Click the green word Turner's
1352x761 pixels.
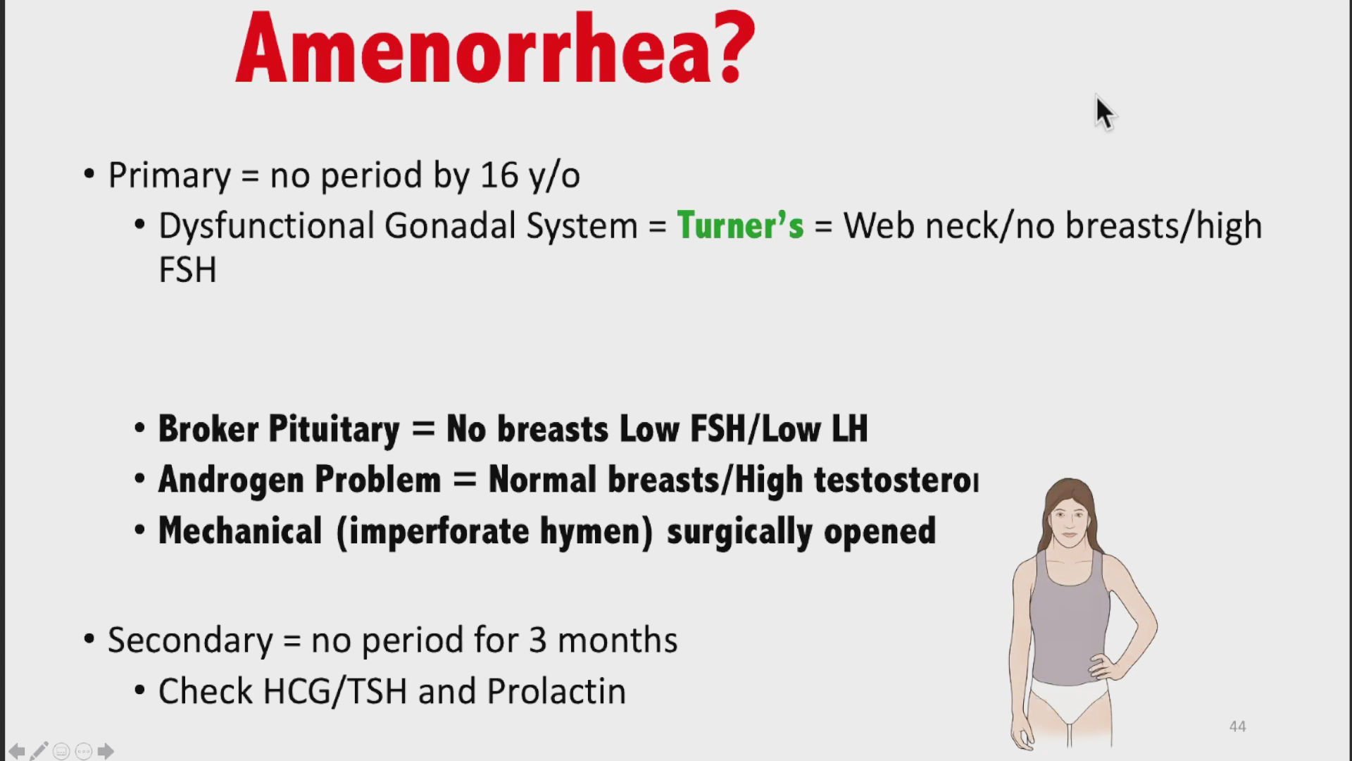pyautogui.click(x=740, y=225)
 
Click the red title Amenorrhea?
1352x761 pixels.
pyautogui.click(x=495, y=48)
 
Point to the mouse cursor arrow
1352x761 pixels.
pyautogui.click(x=1105, y=113)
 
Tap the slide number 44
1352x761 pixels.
pyautogui.click(x=1237, y=726)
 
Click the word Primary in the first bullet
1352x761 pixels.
pyautogui.click(x=169, y=175)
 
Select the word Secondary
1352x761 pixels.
pyautogui.click(x=190, y=640)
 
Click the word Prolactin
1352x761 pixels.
pyautogui.click(x=556, y=691)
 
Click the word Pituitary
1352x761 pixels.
pyautogui.click(x=334, y=429)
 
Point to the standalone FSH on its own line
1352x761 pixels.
pyautogui.click(x=187, y=270)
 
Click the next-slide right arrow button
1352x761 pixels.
pyautogui.click(x=106, y=751)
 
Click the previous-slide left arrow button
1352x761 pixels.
pyautogui.click(x=17, y=751)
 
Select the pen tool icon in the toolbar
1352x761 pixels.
pyautogui.click(x=39, y=751)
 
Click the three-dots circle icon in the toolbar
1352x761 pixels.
pyautogui.click(x=83, y=751)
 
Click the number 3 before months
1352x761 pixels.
pyautogui.click(x=538, y=640)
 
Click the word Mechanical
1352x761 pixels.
pyautogui.click(x=240, y=531)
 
